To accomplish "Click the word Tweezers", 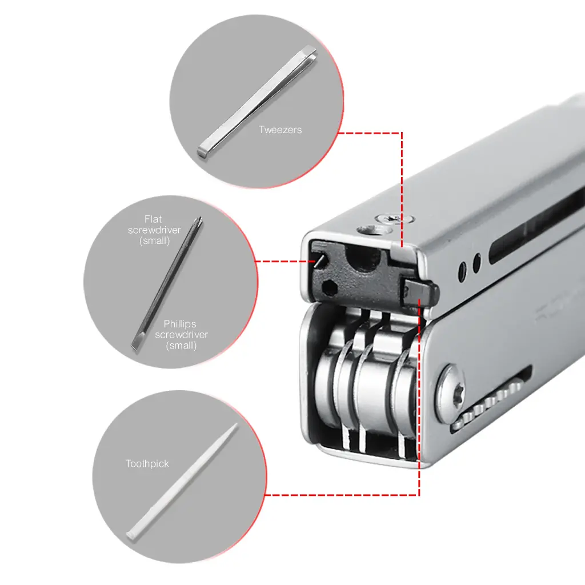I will click(280, 130).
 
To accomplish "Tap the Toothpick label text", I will click(147, 464).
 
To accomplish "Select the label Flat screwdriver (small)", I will click(154, 230).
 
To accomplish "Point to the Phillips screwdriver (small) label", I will click(181, 334).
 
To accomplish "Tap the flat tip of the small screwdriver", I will click(136, 345).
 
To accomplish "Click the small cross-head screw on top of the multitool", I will click(389, 219).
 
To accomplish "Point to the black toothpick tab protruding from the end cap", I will click(421, 291).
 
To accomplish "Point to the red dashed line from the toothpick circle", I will click(343, 495).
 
